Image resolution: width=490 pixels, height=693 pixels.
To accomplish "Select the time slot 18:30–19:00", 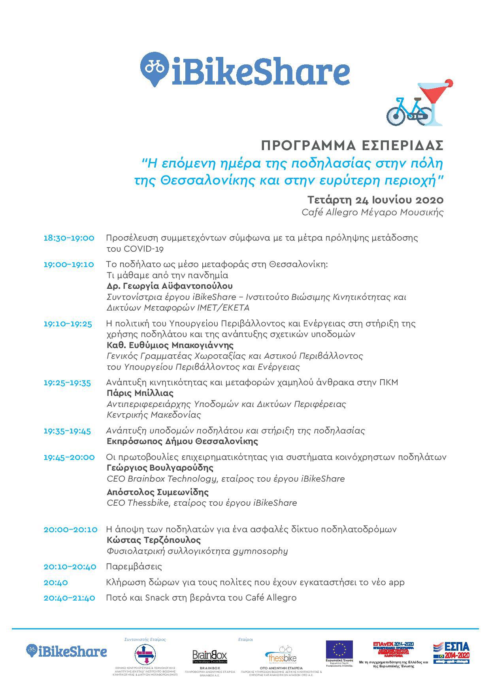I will [x=69, y=238].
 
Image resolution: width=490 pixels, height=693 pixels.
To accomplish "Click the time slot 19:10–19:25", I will [x=68, y=324].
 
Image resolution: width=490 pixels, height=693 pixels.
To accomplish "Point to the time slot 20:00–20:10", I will [x=70, y=529].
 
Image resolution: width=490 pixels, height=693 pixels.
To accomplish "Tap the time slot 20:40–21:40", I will [x=69, y=598].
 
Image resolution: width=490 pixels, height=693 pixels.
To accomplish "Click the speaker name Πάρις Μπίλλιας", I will [x=140, y=393].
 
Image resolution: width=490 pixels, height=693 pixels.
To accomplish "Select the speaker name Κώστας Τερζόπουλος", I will [x=154, y=540].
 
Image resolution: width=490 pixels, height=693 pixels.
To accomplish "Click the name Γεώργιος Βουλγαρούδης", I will [x=160, y=468].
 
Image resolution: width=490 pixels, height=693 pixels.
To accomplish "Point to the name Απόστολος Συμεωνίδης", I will [x=157, y=492].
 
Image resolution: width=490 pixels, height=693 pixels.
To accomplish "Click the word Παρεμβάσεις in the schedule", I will [x=134, y=567].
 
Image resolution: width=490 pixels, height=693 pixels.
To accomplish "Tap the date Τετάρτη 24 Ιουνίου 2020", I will [x=375, y=200].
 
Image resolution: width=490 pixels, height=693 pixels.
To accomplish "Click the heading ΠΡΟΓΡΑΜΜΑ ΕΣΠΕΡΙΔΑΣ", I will [x=352, y=146].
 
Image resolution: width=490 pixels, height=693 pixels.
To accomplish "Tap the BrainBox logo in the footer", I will [x=210, y=656].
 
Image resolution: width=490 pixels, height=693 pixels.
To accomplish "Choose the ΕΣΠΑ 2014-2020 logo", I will [x=451, y=652].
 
